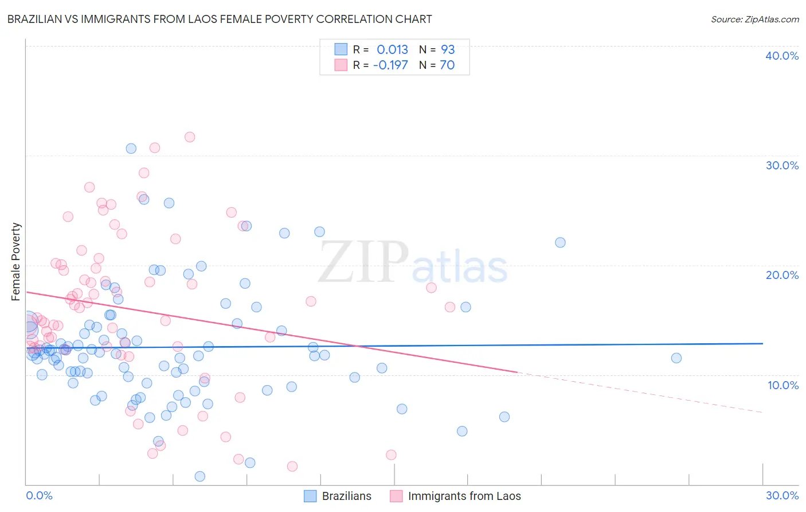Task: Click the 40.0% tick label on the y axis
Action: click(x=781, y=56)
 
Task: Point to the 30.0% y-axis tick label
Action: click(x=781, y=165)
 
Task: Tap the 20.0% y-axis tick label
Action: click(x=781, y=275)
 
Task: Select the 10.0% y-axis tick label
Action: click(x=782, y=385)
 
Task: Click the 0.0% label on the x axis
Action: click(x=39, y=495)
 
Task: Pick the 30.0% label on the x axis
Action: click(x=782, y=495)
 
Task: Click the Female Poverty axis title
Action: click(x=15, y=262)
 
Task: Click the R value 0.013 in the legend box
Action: click(x=392, y=50)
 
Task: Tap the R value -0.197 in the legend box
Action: click(x=390, y=65)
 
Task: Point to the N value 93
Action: click(x=448, y=50)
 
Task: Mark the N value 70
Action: click(x=447, y=65)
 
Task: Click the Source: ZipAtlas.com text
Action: click(x=754, y=20)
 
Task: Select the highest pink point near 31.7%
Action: click(x=190, y=137)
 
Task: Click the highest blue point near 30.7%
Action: click(x=131, y=148)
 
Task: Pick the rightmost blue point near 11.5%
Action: click(x=676, y=358)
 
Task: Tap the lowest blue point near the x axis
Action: click(x=200, y=476)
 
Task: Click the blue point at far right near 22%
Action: click(x=560, y=242)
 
